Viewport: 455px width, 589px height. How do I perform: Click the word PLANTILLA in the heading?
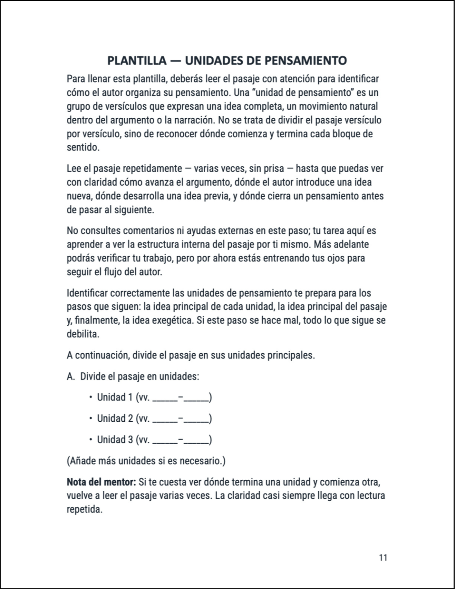click(137, 61)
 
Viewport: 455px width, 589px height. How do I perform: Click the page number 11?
click(383, 558)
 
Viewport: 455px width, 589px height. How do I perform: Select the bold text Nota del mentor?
click(101, 482)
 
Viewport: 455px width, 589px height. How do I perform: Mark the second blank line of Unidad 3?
click(196, 442)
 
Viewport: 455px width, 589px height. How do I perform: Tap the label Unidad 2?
click(115, 418)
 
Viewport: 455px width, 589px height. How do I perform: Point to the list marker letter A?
click(70, 376)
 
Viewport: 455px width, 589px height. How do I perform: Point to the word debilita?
click(83, 334)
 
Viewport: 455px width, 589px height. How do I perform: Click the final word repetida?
click(84, 510)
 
